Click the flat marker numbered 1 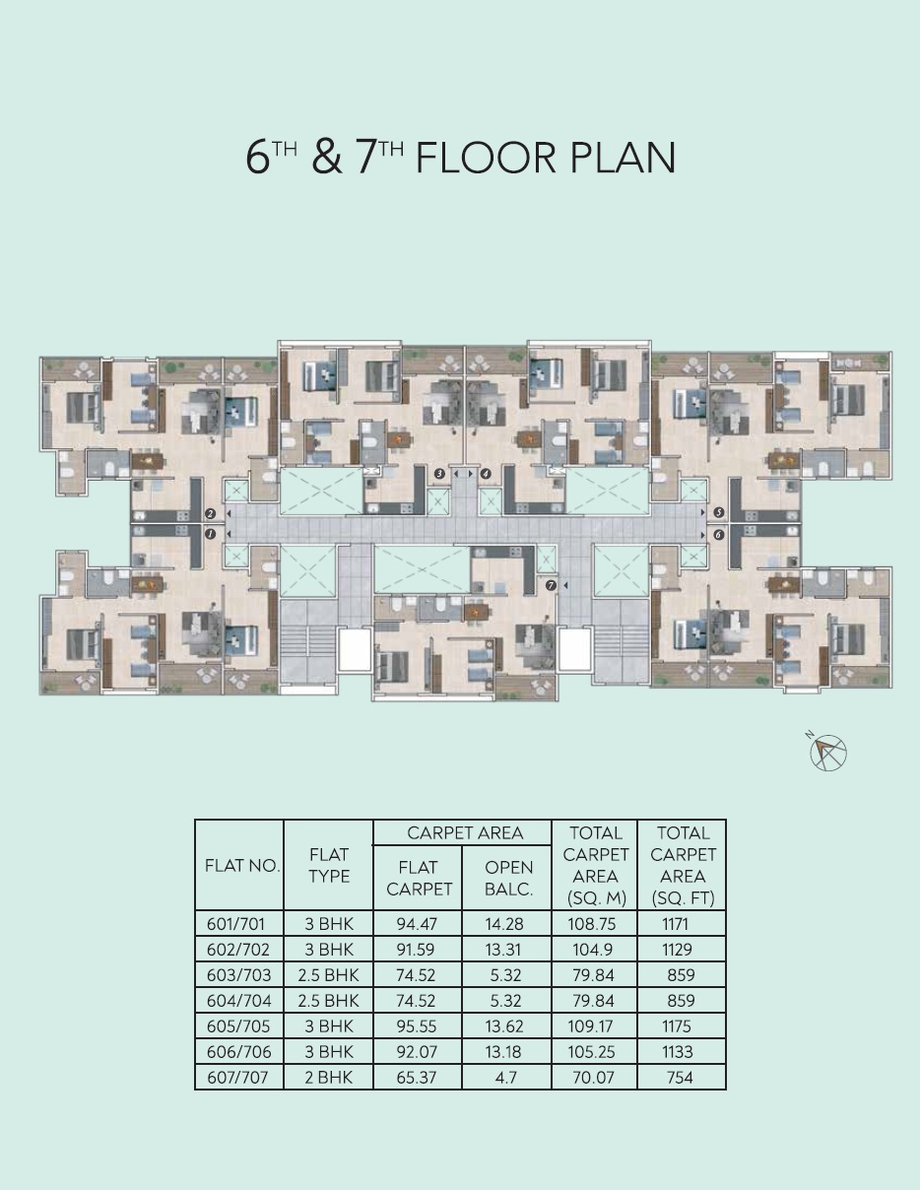210,534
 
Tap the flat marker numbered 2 210,513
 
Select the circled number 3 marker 439,474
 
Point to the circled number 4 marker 486,474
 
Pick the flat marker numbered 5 719,512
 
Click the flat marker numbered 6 719,535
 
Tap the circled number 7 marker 551,585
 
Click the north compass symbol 826,752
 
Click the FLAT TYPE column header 329,865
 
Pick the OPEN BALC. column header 508,879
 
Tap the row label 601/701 235,924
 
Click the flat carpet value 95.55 417,1026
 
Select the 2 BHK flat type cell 329,1077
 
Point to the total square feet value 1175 677,1026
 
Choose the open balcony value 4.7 505,1077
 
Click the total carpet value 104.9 593,950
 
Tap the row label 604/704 238,1001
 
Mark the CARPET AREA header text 465,833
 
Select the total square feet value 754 680,1077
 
